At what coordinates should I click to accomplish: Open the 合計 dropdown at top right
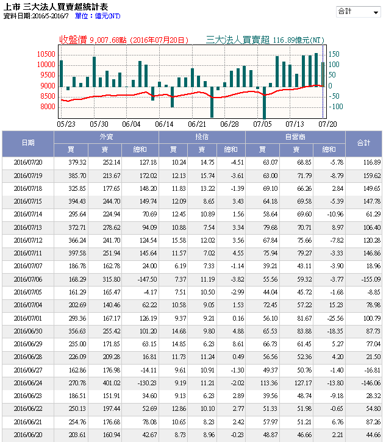pyautogui.click(x=358, y=12)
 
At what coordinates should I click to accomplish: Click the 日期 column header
pyautogui.click(x=27, y=143)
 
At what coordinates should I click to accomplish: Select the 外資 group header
pyautogui.click(x=105, y=137)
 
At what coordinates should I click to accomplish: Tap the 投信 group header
pyautogui.click(x=202, y=137)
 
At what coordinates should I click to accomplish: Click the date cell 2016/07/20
pyautogui.click(x=27, y=163)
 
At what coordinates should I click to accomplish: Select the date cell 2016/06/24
pyautogui.click(x=27, y=382)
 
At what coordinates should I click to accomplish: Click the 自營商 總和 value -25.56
pyautogui.click(x=327, y=318)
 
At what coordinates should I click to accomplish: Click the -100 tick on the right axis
pyautogui.click(x=337, y=107)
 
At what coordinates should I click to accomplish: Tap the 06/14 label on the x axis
pyautogui.click(x=164, y=124)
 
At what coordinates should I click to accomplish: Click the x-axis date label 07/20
pyautogui.click(x=327, y=124)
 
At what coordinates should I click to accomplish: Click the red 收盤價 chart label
pyautogui.click(x=73, y=40)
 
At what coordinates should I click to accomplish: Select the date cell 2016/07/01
pyautogui.click(x=27, y=318)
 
